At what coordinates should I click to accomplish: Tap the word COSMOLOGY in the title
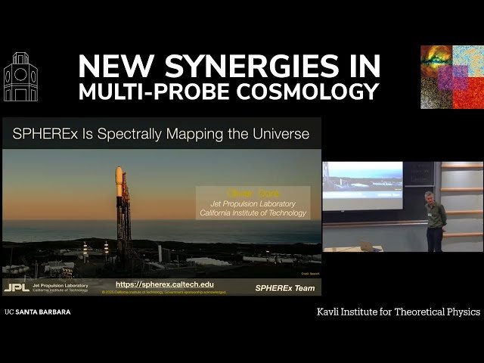pos(313,92)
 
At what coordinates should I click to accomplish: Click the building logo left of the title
pos(20,77)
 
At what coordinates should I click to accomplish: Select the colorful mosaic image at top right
pos(451,77)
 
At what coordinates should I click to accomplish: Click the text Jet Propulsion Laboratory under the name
pos(253,203)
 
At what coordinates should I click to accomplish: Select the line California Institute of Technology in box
pos(253,213)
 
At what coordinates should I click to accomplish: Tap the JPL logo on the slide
pos(16,288)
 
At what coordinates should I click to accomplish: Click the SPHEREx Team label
pos(285,288)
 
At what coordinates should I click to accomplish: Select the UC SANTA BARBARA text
pos(37,312)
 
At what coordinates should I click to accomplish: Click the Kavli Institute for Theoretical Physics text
pos(398,312)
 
